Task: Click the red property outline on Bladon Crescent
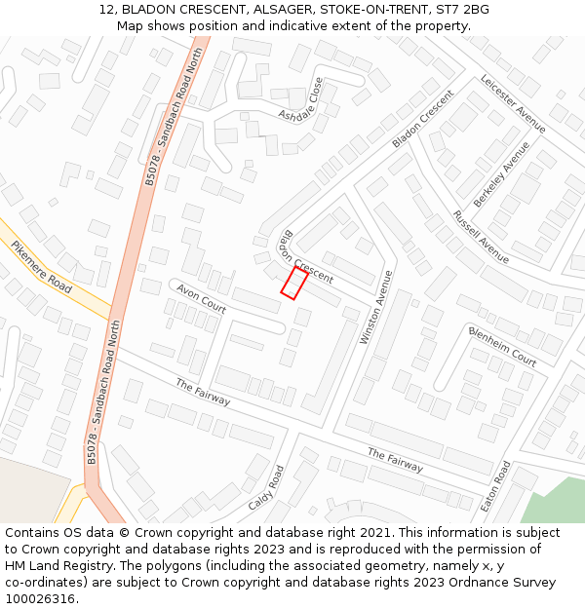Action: point(294,284)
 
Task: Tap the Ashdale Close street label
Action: point(301,101)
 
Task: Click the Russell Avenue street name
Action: point(481,237)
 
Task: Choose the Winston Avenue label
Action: point(374,307)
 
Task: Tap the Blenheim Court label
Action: point(502,345)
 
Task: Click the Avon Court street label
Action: point(202,299)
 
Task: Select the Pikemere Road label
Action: point(42,268)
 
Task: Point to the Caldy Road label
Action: point(265,487)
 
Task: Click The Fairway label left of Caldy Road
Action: point(203,392)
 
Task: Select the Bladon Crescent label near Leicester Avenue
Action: point(423,119)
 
